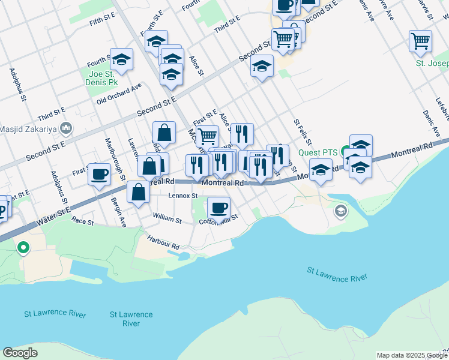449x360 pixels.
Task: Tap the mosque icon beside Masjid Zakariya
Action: click(66, 128)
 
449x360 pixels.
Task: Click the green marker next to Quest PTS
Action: click(345, 151)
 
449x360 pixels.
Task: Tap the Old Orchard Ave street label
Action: click(119, 94)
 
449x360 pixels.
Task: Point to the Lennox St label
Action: click(183, 196)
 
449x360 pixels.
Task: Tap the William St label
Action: click(167, 220)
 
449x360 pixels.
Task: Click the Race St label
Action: click(83, 222)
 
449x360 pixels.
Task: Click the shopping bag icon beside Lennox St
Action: click(139, 193)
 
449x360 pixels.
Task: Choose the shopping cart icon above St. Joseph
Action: click(420, 41)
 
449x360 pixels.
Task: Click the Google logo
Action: click(20, 353)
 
